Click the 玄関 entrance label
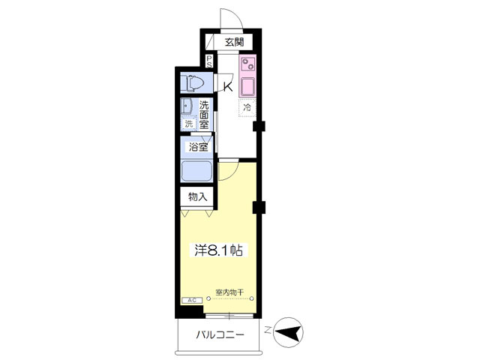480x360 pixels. tap(235, 42)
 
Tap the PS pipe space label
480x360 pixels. tap(208, 61)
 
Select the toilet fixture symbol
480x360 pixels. tap(195, 83)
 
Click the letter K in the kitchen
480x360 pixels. tap(228, 87)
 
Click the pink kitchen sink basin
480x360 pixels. tap(248, 87)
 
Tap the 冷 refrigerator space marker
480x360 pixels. tap(247, 108)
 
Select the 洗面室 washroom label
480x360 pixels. tap(204, 115)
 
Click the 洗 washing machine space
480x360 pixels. tap(189, 124)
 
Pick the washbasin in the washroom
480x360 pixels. tap(186, 106)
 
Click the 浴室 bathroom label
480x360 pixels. tap(198, 147)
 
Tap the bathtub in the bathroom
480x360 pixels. tap(196, 171)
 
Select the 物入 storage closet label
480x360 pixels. tap(198, 196)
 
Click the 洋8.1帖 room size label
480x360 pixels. tap(219, 250)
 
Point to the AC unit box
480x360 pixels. tap(192, 300)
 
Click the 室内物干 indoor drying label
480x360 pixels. tap(229, 292)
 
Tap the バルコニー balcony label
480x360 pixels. tap(220, 334)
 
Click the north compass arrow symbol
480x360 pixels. tap(287, 332)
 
